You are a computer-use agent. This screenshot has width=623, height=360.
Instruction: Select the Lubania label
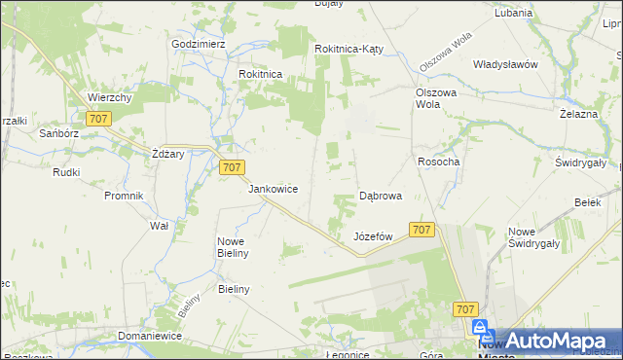513,14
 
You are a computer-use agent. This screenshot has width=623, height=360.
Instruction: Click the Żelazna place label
578,114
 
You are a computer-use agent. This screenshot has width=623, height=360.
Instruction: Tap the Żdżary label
168,154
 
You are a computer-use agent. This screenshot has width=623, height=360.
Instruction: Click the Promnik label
124,195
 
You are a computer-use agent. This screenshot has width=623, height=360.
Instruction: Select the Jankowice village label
273,189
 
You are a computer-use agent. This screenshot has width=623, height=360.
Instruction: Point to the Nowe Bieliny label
234,247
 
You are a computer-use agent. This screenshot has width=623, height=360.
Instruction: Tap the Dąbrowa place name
381,196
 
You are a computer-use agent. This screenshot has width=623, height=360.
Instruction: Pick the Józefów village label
373,236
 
